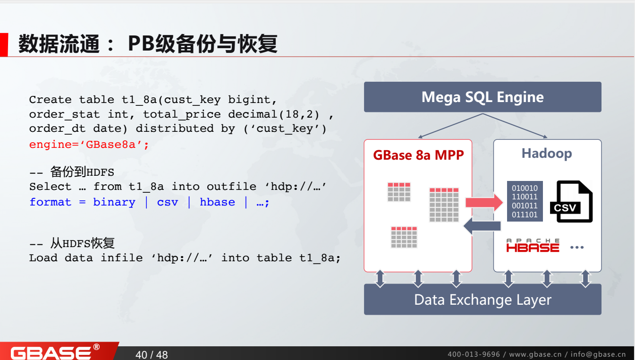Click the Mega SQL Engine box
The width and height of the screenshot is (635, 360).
482,97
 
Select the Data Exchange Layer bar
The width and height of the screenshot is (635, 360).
482,300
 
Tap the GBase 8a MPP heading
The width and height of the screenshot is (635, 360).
418,155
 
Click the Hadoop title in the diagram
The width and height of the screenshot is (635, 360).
546,154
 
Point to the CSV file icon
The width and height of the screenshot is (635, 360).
571,202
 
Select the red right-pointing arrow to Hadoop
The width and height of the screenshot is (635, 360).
484,202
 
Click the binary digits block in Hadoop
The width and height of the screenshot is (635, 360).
525,201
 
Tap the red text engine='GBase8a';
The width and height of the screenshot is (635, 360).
89,145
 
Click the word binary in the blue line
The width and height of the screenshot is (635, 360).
114,202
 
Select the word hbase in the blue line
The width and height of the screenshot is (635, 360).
217,202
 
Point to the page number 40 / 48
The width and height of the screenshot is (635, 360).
152,354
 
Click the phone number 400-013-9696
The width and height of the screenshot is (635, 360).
474,354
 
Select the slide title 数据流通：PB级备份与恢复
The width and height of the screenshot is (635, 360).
147,44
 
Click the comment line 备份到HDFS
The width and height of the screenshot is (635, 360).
72,171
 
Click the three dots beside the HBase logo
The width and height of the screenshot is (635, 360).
577,247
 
